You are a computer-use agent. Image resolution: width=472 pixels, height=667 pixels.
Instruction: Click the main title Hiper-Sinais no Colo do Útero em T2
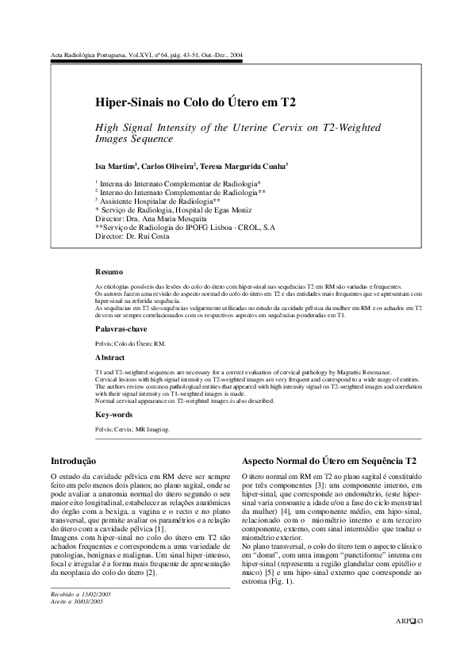[x=195, y=103]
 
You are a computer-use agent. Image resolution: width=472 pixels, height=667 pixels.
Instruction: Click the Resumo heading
[x=109, y=271]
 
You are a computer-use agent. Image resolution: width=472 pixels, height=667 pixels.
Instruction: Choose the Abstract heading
[x=110, y=358]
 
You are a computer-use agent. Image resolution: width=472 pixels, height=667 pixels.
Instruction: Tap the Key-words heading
[x=113, y=414]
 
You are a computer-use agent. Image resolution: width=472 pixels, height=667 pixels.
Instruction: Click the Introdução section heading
[x=74, y=460]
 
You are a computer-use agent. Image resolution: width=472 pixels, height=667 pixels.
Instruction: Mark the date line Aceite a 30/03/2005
[x=77, y=602]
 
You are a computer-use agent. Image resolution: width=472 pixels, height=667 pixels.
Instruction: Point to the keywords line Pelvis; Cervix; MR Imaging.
[x=132, y=429]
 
